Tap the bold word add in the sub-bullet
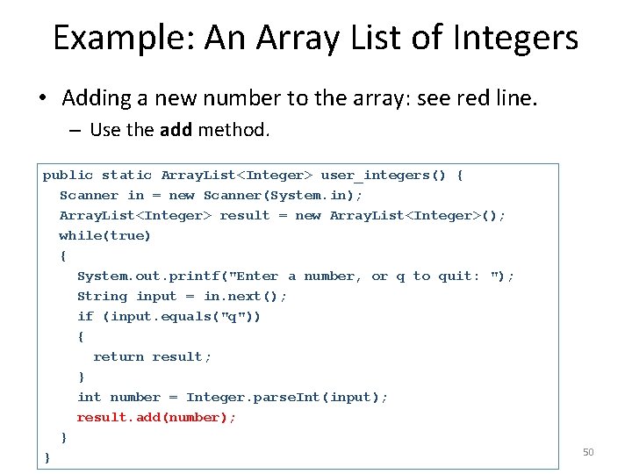(x=177, y=130)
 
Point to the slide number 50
(x=588, y=452)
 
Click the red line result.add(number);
(x=156, y=418)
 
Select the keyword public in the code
(x=68, y=176)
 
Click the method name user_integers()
(x=384, y=176)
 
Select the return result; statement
(x=153, y=357)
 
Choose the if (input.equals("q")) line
(x=169, y=317)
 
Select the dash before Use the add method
(x=74, y=131)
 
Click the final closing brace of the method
(x=47, y=458)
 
